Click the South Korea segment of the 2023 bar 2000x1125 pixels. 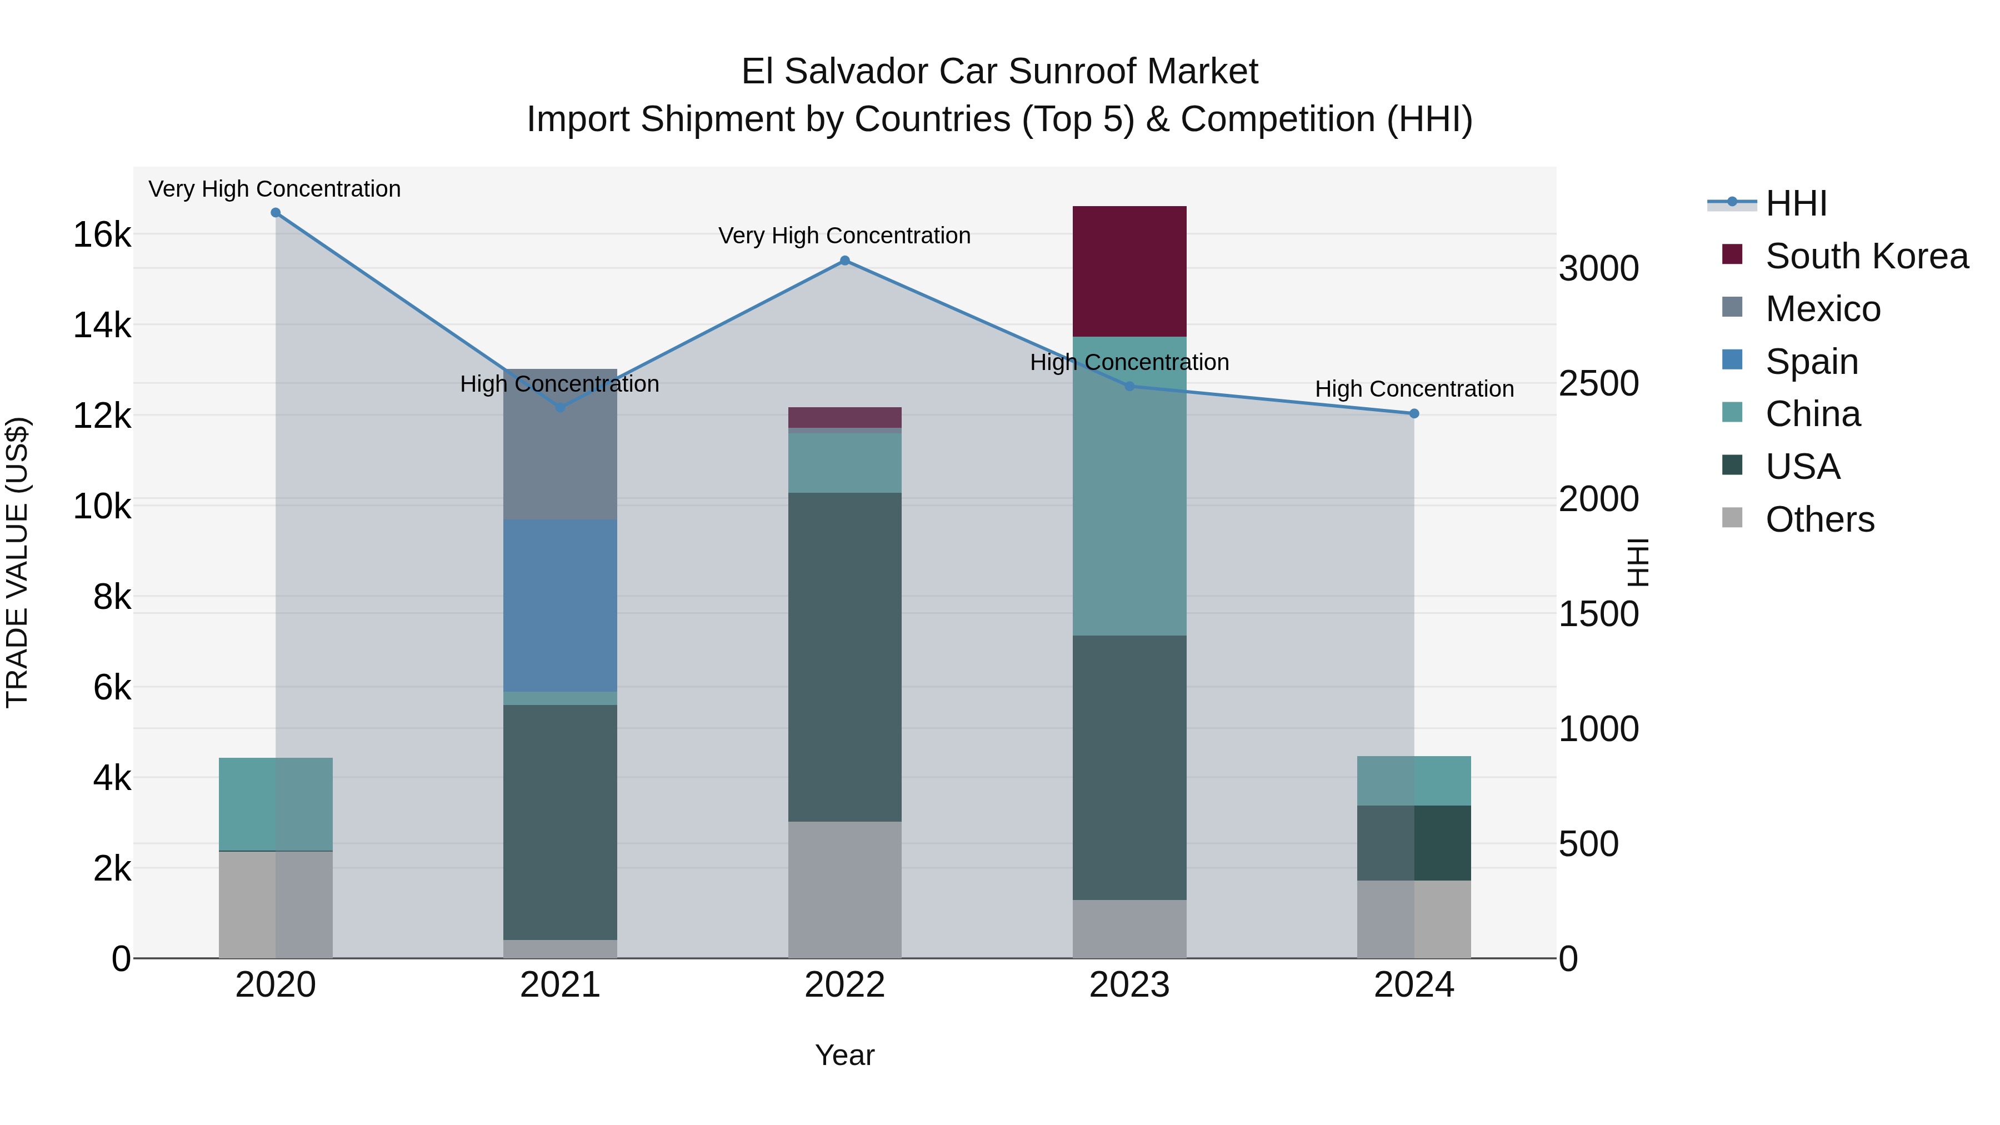1129,271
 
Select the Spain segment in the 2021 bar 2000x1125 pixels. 560,605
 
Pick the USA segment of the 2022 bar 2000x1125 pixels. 844,656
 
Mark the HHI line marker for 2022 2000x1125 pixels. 844,261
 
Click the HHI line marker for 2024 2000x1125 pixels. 1414,414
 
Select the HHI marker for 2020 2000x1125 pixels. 276,213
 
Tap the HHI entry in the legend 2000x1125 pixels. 1796,203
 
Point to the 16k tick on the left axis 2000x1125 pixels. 102,234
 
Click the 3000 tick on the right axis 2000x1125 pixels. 1598,269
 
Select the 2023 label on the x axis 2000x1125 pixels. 1129,985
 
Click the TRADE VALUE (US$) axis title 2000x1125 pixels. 17,562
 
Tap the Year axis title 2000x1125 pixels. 844,1055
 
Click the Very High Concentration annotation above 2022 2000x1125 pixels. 844,235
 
